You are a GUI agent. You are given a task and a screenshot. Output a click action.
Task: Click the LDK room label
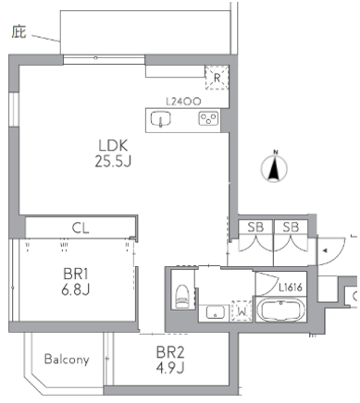[113, 145]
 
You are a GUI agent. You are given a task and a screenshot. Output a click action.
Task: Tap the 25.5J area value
[113, 161]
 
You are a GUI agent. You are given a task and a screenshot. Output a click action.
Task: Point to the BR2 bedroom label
[170, 352]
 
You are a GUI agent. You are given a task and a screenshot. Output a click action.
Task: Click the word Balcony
[67, 360]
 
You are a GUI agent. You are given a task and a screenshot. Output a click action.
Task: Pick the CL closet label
[81, 228]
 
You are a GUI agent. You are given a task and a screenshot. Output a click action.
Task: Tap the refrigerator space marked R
[217, 78]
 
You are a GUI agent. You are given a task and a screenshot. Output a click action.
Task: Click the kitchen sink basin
[161, 119]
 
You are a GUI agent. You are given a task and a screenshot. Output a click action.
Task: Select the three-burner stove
[208, 118]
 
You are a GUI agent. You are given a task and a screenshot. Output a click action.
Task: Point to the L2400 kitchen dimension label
[183, 102]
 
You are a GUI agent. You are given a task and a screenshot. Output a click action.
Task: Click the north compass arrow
[274, 168]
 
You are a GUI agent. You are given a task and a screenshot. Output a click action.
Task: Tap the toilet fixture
[181, 296]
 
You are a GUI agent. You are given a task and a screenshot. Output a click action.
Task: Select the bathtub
[280, 310]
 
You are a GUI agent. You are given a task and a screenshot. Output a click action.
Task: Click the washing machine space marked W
[242, 311]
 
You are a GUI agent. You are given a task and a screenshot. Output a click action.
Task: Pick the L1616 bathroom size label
[291, 287]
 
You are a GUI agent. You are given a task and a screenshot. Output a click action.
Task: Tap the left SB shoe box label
[255, 227]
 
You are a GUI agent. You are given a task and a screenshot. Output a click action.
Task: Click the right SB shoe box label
[291, 227]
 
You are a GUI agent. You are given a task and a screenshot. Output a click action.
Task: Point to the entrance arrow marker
[325, 250]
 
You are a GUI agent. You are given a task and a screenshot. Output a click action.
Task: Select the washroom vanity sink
[215, 312]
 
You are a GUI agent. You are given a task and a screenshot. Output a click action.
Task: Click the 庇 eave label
[19, 32]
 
